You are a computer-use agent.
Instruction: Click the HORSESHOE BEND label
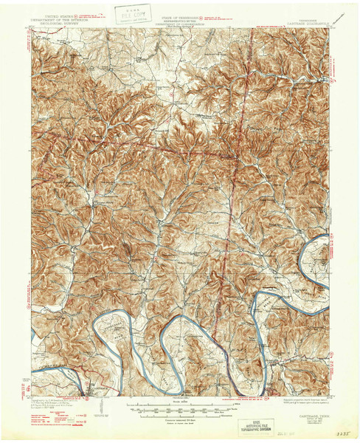pos(111,330)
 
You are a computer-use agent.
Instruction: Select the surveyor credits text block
pos(59,404)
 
